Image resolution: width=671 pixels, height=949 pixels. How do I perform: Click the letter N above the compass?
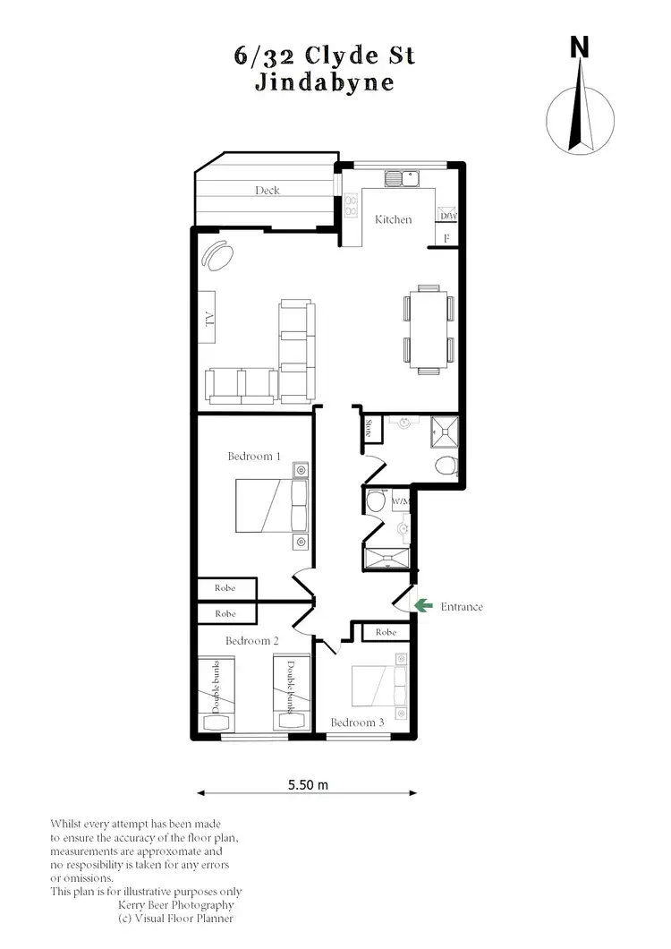581,47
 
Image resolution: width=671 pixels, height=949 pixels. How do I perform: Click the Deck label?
267,190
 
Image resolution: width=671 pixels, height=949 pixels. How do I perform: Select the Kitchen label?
393,219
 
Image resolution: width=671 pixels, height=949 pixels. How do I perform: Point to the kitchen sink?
403,178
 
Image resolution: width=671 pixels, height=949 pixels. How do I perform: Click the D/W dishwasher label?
448,216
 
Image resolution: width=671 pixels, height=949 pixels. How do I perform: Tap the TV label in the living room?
210,321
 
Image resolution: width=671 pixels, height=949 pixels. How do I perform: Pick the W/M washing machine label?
400,501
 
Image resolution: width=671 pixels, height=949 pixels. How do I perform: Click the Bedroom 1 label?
254,457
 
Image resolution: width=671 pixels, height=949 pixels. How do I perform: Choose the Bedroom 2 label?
252,641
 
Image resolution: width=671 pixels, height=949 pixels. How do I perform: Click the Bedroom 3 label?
357,722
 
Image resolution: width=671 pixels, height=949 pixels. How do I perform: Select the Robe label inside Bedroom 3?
386,632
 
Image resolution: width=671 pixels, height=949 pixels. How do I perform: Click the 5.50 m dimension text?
308,785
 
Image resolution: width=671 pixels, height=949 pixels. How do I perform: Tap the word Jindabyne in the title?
324,82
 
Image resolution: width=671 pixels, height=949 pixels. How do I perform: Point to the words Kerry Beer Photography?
176,905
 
